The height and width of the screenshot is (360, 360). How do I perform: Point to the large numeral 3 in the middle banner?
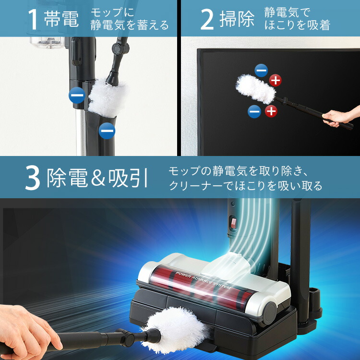pos(33,178)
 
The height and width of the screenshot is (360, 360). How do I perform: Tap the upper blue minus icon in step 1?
pos(77,96)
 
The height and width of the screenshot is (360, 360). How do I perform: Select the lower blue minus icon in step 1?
pos(107,130)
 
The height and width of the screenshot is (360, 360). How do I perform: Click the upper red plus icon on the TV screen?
pos(275,80)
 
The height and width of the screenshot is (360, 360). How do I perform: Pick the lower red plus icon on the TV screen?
pos(271,111)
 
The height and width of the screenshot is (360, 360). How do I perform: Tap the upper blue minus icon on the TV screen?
pos(261,71)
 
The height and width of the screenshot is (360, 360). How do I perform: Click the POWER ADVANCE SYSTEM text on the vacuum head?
pos(203,280)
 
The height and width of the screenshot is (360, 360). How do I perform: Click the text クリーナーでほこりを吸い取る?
pos(245,186)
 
